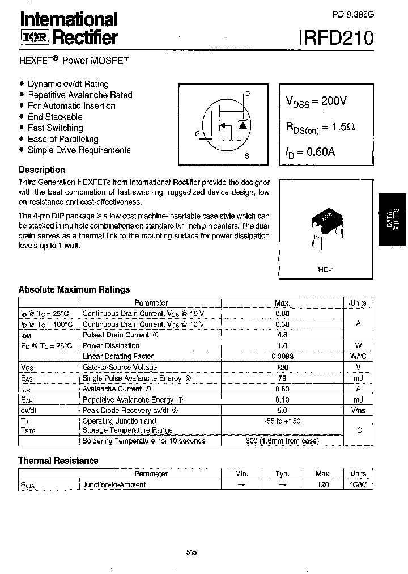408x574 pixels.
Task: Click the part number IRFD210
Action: pos(336,38)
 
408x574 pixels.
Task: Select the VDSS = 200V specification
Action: pos(316,102)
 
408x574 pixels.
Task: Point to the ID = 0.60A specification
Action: pos(310,152)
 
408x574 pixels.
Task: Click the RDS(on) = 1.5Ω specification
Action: pos(320,128)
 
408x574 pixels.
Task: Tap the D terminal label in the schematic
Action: pos(248,94)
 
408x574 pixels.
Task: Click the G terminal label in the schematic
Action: pos(197,134)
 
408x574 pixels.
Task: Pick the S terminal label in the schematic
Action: pos(248,155)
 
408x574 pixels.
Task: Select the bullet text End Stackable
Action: pos(55,117)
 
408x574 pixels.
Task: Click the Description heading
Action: pos(42,170)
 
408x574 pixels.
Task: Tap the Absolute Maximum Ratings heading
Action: pos(74,289)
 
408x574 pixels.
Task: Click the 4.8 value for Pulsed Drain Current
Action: pos(282,335)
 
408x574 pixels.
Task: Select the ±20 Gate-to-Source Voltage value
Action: pos(282,368)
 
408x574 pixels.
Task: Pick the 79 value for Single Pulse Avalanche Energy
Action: pos(282,378)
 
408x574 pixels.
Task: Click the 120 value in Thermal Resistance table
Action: pos(323,485)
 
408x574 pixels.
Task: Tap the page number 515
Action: pos(191,552)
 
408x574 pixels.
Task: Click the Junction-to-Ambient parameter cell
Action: pos(114,485)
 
